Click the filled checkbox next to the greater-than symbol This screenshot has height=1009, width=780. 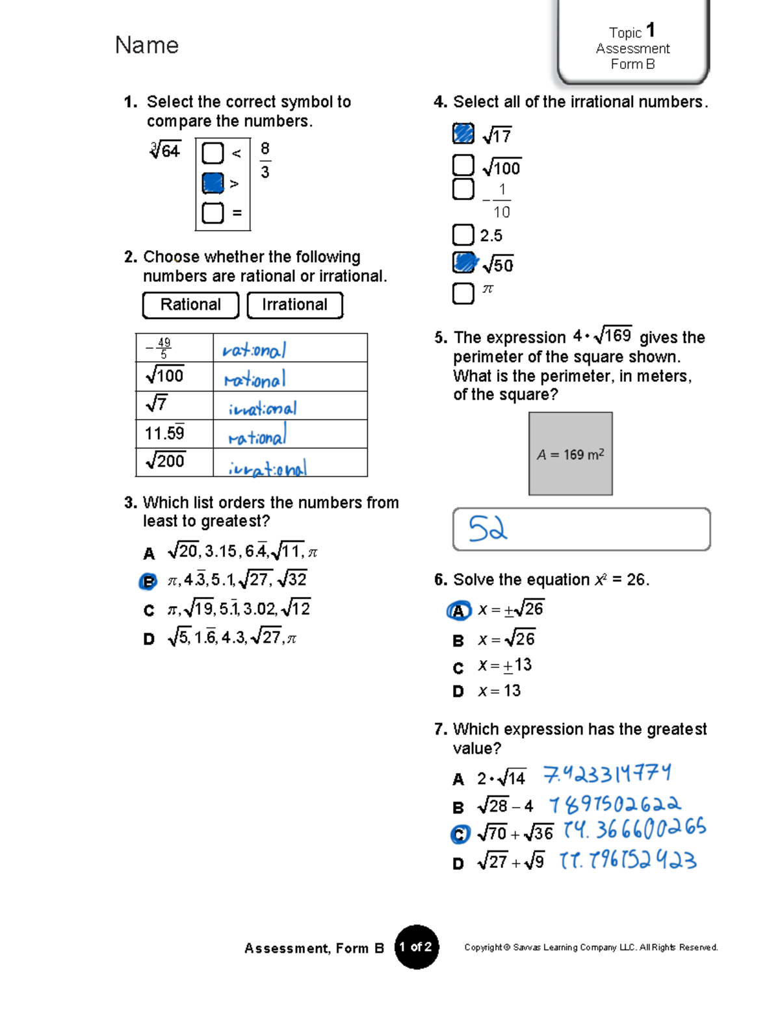click(x=213, y=183)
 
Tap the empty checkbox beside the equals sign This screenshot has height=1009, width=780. click(x=213, y=213)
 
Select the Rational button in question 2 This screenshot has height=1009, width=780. click(x=190, y=305)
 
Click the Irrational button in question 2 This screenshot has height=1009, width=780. click(x=294, y=305)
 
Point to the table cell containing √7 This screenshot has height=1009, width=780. click(x=174, y=405)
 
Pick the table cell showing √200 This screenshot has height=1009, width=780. click(x=174, y=462)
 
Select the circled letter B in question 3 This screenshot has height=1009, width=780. click(x=148, y=581)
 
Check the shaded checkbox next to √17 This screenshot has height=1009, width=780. click(x=463, y=133)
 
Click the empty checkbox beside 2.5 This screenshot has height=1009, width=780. click(x=463, y=235)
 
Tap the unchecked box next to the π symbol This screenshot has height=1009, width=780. click(x=463, y=293)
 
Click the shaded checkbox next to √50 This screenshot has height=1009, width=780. click(x=463, y=262)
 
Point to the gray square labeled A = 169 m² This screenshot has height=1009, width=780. click(x=570, y=453)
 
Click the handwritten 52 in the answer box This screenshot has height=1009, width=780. click(x=487, y=529)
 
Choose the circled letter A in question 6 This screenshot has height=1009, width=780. click(x=458, y=611)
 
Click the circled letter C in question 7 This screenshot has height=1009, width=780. click(x=460, y=834)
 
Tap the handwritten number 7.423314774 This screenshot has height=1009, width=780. click(x=607, y=774)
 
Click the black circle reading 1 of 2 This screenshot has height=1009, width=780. click(x=417, y=947)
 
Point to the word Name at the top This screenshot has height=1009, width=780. click(x=147, y=45)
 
